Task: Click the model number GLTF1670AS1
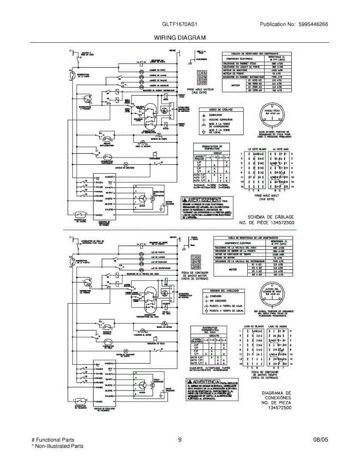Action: click(180, 24)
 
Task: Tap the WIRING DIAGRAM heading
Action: click(179, 38)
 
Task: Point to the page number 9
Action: click(180, 440)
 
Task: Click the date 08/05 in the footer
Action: click(320, 440)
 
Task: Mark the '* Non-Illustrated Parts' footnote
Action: click(57, 446)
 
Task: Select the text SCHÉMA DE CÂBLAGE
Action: click(271, 217)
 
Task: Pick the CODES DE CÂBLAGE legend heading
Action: click(216, 110)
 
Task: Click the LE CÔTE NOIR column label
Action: click(279, 150)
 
